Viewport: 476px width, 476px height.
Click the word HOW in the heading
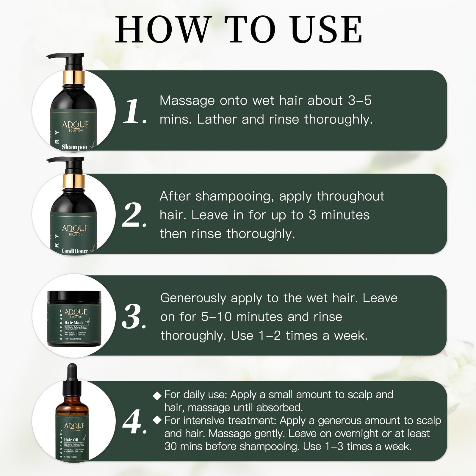point(162,29)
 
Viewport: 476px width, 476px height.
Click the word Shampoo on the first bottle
point(74,147)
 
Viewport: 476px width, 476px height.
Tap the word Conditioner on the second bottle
point(75,251)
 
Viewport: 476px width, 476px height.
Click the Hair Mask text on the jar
point(74,322)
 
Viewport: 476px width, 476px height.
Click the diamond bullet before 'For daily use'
point(157,395)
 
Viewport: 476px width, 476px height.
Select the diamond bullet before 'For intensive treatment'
point(157,420)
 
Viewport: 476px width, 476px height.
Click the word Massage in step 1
point(187,101)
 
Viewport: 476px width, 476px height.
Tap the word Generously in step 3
point(193,298)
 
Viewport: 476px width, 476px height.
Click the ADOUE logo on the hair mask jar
point(76,312)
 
